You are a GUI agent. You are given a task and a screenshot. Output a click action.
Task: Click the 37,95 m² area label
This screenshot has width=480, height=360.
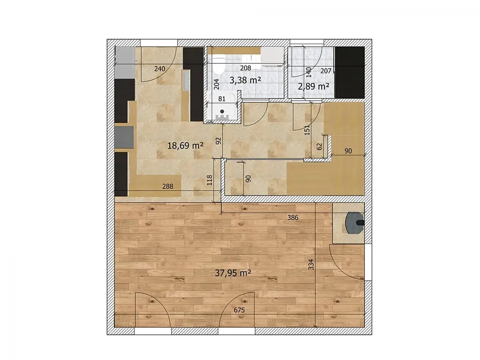[233, 273]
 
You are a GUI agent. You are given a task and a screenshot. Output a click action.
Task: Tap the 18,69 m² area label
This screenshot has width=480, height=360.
[186, 145]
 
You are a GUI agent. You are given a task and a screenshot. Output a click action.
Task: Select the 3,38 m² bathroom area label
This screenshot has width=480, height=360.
[245, 80]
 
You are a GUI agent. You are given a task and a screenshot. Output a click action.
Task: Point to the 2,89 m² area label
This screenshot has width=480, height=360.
[314, 86]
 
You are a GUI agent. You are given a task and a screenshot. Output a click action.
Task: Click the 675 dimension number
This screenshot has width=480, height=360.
[240, 310]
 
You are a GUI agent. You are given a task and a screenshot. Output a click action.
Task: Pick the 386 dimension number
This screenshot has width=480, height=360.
[292, 217]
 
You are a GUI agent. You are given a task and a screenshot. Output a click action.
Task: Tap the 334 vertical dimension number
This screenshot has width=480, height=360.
[311, 264]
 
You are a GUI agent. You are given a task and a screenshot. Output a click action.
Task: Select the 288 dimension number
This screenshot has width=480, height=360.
[168, 186]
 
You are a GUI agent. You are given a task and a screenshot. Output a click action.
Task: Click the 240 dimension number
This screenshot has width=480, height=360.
[159, 69]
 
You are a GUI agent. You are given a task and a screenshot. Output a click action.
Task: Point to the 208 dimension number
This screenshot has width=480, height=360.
[246, 68]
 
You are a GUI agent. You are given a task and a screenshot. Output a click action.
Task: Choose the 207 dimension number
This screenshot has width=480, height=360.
[326, 71]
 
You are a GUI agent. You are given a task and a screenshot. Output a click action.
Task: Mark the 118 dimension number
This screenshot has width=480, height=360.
[210, 180]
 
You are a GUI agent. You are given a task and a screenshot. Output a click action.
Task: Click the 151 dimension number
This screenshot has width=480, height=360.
[307, 130]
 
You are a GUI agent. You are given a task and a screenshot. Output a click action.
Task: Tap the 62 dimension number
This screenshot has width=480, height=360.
[320, 147]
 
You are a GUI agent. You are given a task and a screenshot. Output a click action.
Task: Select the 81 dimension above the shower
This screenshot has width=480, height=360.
[222, 99]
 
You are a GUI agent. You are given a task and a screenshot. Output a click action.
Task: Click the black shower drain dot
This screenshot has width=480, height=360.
[222, 112]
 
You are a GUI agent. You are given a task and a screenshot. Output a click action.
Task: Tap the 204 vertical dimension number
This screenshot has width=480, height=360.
[217, 84]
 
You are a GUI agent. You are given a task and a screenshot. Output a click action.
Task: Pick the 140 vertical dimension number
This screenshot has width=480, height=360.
[308, 72]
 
